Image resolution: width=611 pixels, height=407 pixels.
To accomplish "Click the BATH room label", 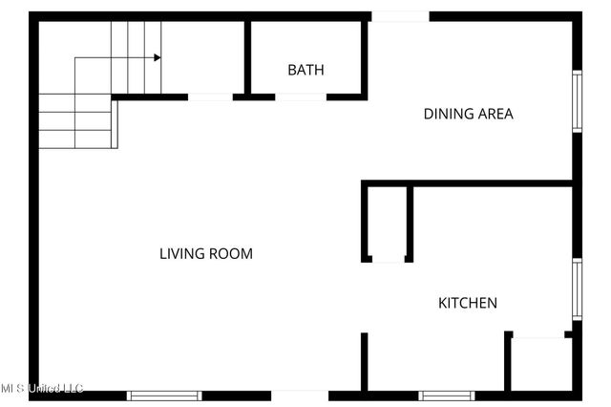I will [305, 70].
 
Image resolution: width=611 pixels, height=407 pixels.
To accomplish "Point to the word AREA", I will [495, 114].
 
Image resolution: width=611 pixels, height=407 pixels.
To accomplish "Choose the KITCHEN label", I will [467, 303].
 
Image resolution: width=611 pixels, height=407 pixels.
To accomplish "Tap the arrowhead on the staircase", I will [157, 57].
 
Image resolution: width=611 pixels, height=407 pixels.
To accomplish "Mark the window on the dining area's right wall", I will [577, 100].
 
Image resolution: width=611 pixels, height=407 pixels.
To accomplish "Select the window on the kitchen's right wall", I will [577, 289].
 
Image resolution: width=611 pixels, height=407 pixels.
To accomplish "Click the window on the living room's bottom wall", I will [164, 395].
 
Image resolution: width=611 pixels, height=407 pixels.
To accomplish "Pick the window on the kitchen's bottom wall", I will [446, 395].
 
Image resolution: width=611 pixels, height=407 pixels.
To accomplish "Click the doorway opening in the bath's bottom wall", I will [300, 96].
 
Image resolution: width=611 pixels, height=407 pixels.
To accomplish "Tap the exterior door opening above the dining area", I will [399, 16].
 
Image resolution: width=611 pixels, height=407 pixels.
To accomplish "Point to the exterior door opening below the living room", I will [300, 395].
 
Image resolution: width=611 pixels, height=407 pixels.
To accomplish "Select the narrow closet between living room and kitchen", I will [387, 223].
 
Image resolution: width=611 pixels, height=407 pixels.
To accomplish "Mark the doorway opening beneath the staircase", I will [211, 96].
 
